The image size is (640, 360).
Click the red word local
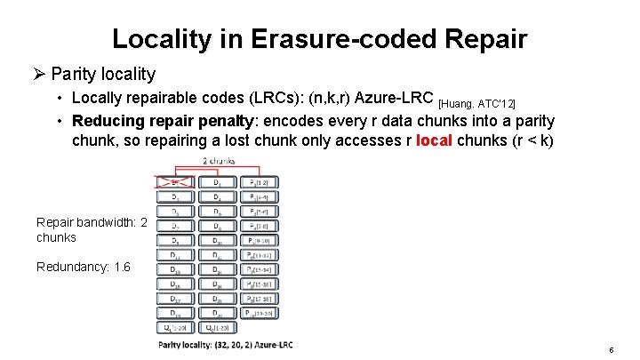[x=433, y=140]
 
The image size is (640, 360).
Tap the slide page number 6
[x=612, y=350]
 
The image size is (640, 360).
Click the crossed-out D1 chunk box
[x=174, y=182]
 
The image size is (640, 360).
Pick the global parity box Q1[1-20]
[x=174, y=328]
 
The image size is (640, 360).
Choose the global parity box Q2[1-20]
[x=218, y=328]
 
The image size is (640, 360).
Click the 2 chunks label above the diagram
[x=218, y=160]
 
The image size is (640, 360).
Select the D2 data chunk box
[x=218, y=182]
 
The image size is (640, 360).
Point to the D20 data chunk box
[x=218, y=313]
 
